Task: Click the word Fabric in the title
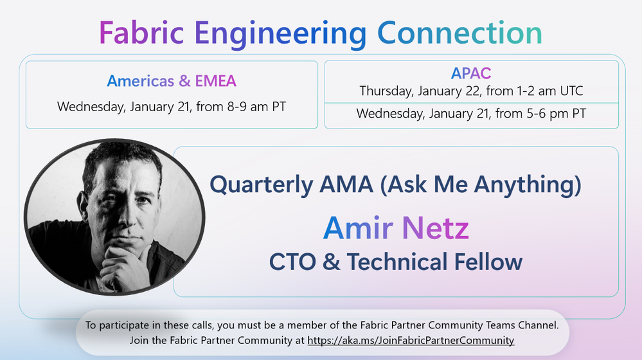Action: (x=141, y=33)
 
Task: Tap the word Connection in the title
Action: (x=459, y=33)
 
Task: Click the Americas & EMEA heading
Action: (x=172, y=81)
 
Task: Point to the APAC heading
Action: (x=471, y=73)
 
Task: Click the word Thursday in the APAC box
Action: (x=386, y=91)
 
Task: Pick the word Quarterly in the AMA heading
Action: (x=261, y=184)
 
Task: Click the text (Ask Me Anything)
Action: (x=481, y=184)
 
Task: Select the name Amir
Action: (x=358, y=228)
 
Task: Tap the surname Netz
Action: (x=435, y=228)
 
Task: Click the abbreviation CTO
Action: (x=292, y=262)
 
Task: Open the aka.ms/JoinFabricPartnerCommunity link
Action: (x=411, y=340)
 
